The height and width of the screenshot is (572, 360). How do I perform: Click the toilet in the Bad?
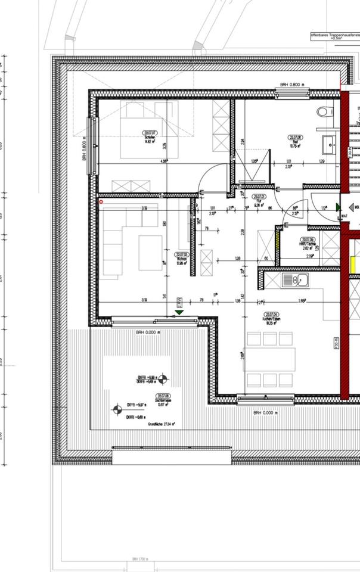(x=325, y=111)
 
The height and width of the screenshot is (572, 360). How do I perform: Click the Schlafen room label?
(x=150, y=138)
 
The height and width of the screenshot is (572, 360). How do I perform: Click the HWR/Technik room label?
(x=308, y=242)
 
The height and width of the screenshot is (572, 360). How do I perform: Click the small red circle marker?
(x=101, y=202)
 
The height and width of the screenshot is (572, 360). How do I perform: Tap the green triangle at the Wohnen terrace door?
(x=179, y=312)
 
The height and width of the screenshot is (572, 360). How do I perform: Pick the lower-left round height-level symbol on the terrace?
(x=117, y=409)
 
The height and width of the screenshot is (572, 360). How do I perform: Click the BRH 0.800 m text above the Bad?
(x=292, y=85)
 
